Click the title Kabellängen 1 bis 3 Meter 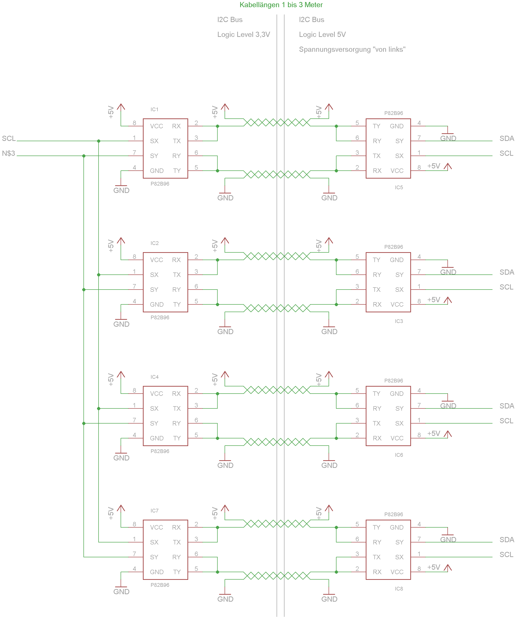[281, 5]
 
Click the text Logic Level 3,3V [243, 34]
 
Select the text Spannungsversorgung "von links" [352, 49]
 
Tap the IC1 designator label [154, 109]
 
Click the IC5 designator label [399, 188]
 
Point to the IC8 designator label [399, 589]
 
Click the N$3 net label [8, 153]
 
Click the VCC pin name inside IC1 [156, 126]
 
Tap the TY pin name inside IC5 [376, 126]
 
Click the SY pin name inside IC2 [154, 290]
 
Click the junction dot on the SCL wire [99, 141]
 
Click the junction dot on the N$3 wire [84, 156]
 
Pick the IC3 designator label [399, 321]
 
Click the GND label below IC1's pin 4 [121, 190]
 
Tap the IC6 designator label [399, 455]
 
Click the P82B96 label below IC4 [160, 451]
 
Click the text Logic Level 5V [322, 34]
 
